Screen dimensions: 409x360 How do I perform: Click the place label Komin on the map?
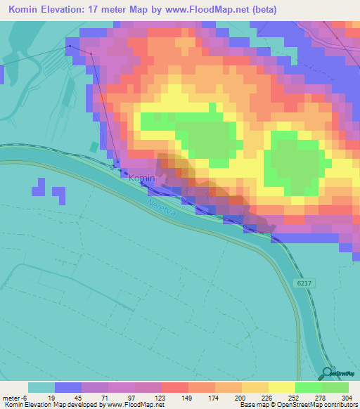141,178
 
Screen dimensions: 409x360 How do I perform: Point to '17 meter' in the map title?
115,10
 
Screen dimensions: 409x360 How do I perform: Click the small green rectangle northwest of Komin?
94,147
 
